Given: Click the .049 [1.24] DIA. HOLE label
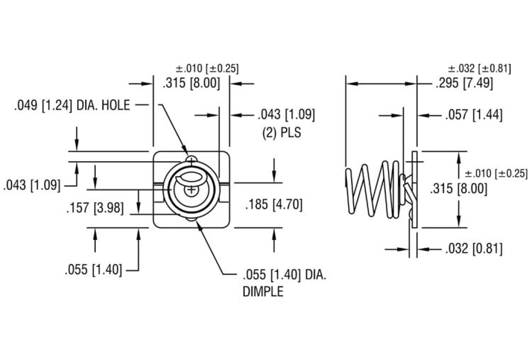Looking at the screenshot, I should pos(72,105).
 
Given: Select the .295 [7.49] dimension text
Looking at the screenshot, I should pos(464,83).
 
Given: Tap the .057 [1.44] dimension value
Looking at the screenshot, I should pos(473,115).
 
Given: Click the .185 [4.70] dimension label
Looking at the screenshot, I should pos(274,205).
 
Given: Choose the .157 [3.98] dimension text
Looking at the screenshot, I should pos(95,209).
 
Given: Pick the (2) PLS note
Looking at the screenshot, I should pos(281,132).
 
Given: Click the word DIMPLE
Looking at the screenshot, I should pos(262,292).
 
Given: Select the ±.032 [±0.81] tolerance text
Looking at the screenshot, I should pos(479,68).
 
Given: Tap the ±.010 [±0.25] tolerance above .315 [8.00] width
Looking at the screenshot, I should pos(207,68).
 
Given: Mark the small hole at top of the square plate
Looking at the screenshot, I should pos(192,160).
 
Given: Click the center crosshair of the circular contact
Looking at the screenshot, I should pos(192,190).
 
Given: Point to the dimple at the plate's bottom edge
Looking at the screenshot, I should pos(192,221).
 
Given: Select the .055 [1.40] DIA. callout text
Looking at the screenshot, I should pos(284,276).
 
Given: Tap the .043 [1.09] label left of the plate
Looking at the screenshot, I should pos(32,184).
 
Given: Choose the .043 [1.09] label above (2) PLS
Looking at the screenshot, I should pos(286,115).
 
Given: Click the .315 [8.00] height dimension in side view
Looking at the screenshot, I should pos(458,189).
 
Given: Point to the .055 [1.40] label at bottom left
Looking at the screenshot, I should pos(93,270).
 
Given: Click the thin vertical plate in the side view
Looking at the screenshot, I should pos(414,189).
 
